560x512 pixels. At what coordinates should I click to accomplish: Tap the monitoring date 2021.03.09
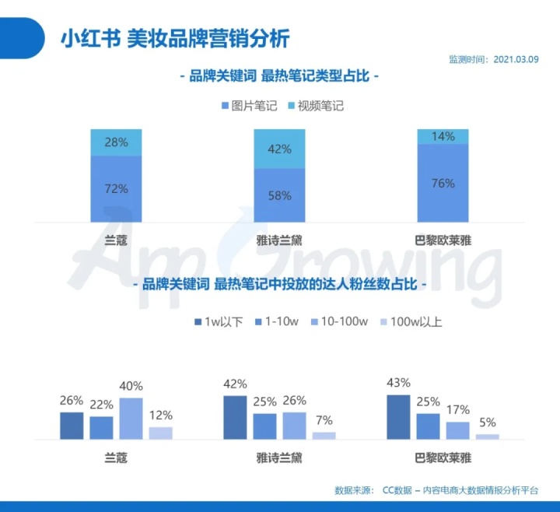pyautogui.click(x=515, y=59)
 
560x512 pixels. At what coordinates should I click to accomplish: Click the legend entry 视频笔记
pyautogui.click(x=315, y=106)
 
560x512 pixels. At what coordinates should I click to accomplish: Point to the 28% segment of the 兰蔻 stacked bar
pyautogui.click(x=117, y=142)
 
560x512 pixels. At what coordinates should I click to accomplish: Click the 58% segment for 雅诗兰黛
pyautogui.click(x=279, y=195)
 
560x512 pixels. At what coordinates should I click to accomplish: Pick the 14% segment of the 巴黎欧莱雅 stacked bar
pyautogui.click(x=443, y=137)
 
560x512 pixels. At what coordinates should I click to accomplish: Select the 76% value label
pyautogui.click(x=443, y=184)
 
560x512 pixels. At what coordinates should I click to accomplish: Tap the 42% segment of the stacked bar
pyautogui.click(x=279, y=149)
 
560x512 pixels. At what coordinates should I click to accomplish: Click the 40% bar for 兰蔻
pyautogui.click(x=131, y=419)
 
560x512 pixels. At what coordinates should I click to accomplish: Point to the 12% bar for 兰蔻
pyautogui.click(x=160, y=433)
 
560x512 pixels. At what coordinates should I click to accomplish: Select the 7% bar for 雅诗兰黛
pyautogui.click(x=324, y=436)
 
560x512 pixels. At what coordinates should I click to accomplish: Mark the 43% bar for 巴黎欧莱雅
pyautogui.click(x=398, y=417)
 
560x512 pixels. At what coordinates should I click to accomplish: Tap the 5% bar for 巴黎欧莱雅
pyautogui.click(x=487, y=437)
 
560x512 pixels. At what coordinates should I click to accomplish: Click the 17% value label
pyautogui.click(x=457, y=409)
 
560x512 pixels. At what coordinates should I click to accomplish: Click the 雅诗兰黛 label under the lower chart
pyautogui.click(x=279, y=458)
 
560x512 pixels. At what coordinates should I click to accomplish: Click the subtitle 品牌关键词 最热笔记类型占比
pyautogui.click(x=279, y=77)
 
